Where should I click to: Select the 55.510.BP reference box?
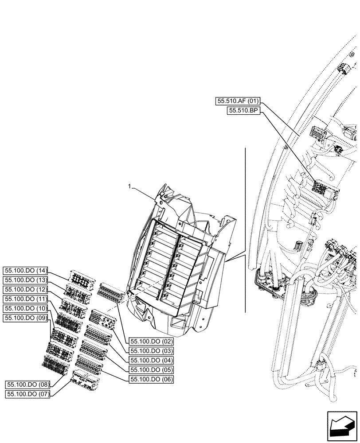coord(244,111)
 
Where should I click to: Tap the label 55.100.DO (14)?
coord(26,270)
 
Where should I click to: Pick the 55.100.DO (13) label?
coord(26,280)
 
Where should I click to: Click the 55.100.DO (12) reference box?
coord(26,289)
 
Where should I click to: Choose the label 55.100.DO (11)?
coord(26,299)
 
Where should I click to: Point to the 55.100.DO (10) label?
coord(26,308)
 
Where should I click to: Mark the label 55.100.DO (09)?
coord(26,317)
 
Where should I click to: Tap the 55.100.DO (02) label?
coord(151,342)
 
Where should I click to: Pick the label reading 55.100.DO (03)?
coord(151,351)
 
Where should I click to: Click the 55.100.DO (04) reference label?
coord(151,360)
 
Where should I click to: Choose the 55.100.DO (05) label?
coord(151,369)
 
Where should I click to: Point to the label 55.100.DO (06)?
coord(151,379)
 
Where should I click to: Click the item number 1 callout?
coord(129,187)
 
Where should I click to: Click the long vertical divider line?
coord(245,230)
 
